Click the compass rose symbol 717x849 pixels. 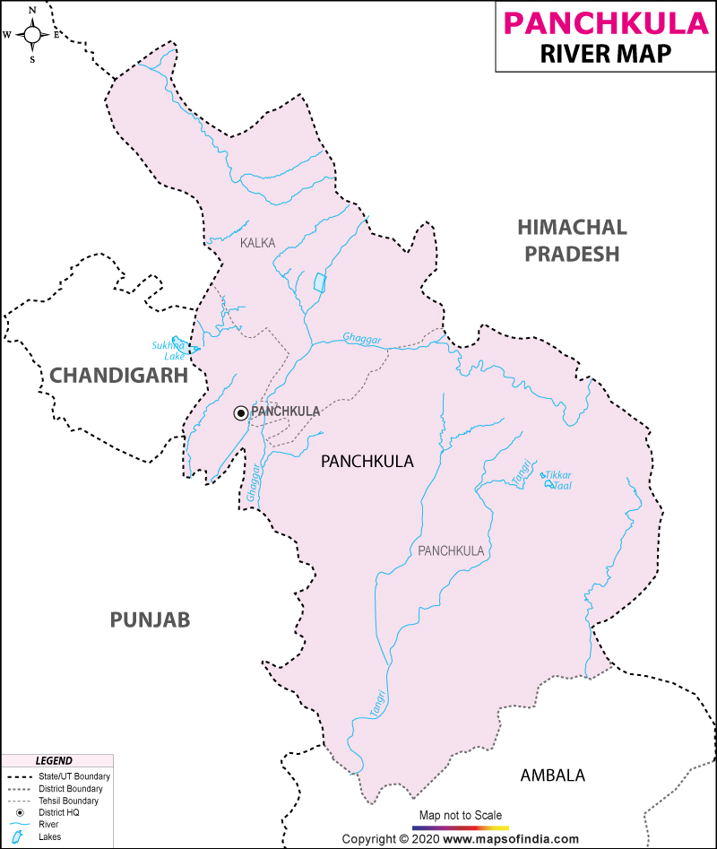click(x=32, y=35)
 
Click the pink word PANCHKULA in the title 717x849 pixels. click(x=605, y=22)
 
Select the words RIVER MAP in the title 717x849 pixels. click(x=605, y=54)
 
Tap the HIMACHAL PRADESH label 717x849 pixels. click(x=572, y=240)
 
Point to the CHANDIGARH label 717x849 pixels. click(x=118, y=376)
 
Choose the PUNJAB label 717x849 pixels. click(x=151, y=619)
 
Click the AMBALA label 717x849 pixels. click(x=552, y=775)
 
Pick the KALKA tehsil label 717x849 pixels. click(x=257, y=243)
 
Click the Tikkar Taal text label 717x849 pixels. click(x=558, y=480)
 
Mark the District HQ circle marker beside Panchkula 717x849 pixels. click(x=240, y=412)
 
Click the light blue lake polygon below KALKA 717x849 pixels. click(x=320, y=282)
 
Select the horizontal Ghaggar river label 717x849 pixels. click(x=362, y=339)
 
